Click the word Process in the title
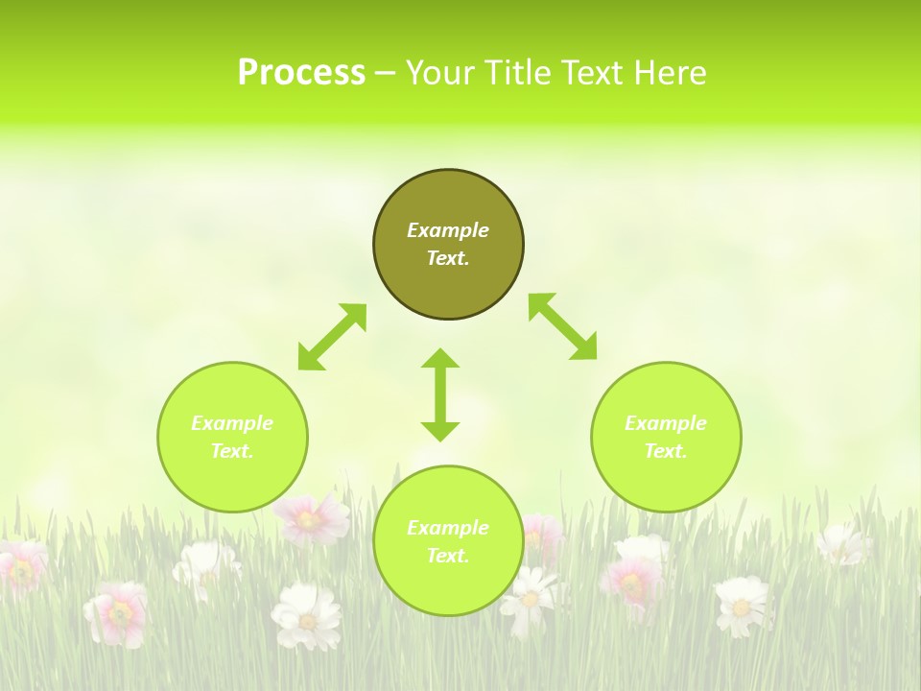[x=301, y=73]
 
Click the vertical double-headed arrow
[x=440, y=395]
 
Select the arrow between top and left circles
[x=332, y=337]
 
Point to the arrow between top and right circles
[x=563, y=327]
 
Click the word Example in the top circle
[x=448, y=230]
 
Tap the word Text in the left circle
[x=231, y=451]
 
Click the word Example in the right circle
[x=666, y=423]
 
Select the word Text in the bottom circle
[x=447, y=556]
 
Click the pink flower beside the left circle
[x=309, y=518]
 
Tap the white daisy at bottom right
[x=742, y=605]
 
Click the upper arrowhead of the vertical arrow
[x=440, y=360]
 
